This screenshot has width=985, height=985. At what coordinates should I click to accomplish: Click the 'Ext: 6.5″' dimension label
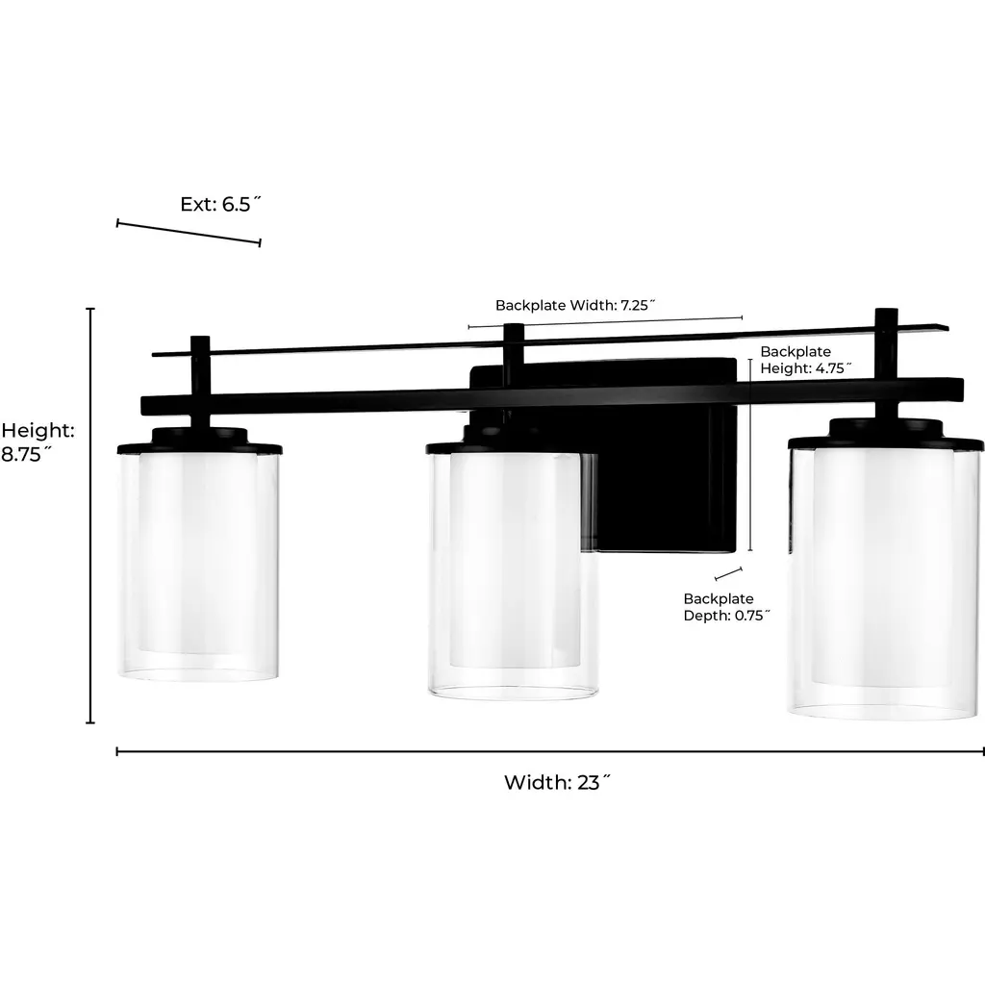(220, 204)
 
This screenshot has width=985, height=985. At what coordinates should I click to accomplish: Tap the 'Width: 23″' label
(557, 782)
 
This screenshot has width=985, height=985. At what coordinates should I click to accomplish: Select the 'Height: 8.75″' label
(38, 442)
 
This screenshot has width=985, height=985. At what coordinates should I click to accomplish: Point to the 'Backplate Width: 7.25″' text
(575, 305)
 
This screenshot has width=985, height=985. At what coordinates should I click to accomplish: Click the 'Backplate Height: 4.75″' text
(806, 360)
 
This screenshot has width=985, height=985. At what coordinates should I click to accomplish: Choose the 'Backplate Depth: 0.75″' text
(727, 607)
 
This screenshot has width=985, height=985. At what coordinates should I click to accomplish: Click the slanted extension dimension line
(189, 233)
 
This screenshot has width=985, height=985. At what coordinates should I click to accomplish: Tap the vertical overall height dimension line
(90, 516)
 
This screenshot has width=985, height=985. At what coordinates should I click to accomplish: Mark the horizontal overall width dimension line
(550, 751)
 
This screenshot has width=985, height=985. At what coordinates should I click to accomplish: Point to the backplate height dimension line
(750, 455)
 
